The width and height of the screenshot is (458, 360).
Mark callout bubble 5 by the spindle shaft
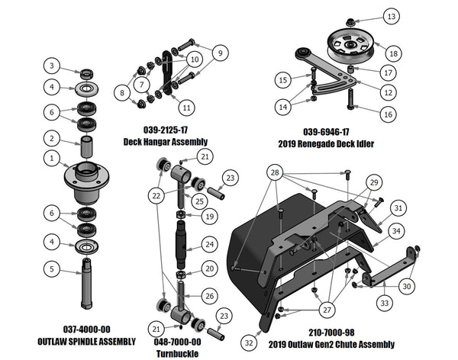pos(51,268)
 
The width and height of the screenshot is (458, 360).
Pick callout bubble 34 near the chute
pos(395,230)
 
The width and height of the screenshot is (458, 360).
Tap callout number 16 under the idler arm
pos(388,113)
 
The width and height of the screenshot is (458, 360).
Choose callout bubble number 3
pos(51,65)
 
